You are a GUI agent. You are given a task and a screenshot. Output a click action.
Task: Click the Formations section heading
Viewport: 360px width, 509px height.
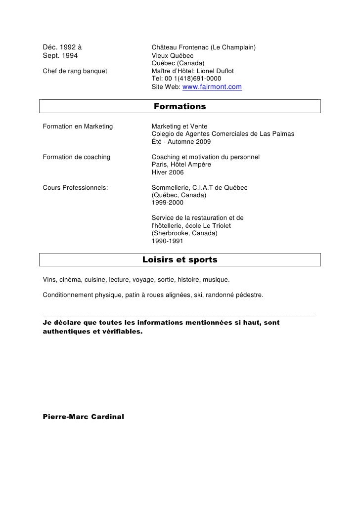click(180, 107)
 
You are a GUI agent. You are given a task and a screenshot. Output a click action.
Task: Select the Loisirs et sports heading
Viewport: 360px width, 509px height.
click(180, 260)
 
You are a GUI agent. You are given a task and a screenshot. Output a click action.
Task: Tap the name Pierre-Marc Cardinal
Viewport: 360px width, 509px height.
click(84, 416)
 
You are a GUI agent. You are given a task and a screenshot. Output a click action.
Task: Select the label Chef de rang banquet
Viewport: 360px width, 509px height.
click(75, 71)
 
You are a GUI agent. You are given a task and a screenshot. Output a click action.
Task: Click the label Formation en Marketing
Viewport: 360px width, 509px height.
click(78, 127)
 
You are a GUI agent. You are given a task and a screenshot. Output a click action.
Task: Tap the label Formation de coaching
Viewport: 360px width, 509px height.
click(76, 157)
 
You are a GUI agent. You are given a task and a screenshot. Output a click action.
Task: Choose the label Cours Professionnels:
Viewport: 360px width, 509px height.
click(76, 188)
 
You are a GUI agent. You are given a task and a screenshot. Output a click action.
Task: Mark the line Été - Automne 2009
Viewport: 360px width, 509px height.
click(181, 142)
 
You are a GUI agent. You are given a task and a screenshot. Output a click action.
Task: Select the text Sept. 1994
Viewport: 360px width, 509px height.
click(60, 55)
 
